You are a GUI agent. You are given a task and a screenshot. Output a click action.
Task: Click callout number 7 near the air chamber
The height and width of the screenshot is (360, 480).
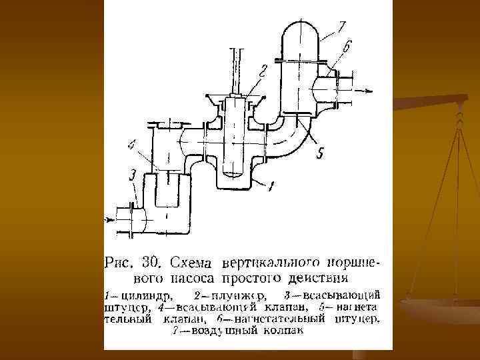[x=341, y=27]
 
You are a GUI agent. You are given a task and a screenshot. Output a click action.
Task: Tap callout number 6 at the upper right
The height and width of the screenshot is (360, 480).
[x=348, y=47]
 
